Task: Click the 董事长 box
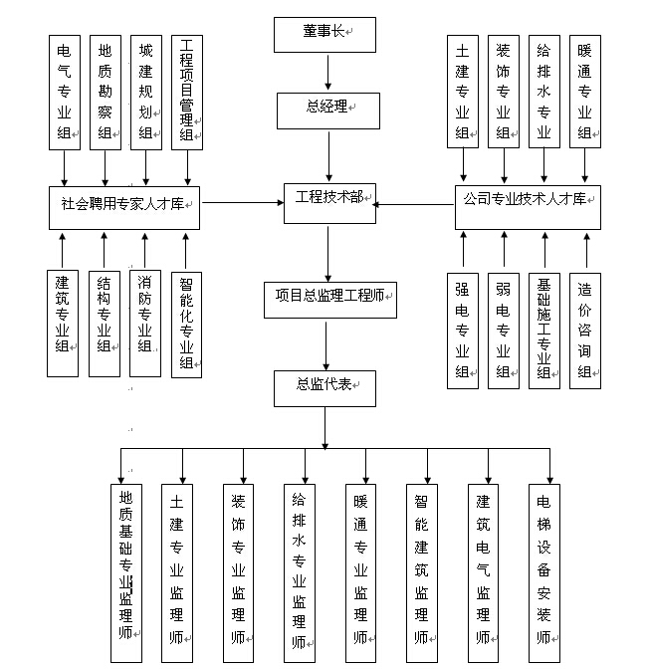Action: (324, 34)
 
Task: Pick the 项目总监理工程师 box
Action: (328, 296)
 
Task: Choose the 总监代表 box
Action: (324, 387)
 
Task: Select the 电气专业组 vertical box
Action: (65, 93)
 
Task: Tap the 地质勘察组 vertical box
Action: (105, 93)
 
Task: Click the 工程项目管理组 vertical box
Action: (186, 93)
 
